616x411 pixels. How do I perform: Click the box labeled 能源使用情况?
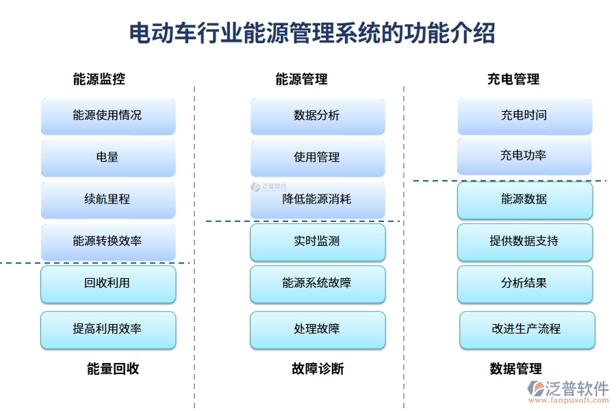click(x=108, y=116)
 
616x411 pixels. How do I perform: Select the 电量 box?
click(x=108, y=158)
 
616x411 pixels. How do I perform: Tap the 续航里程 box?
click(x=108, y=199)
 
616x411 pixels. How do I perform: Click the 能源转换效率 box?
click(x=108, y=241)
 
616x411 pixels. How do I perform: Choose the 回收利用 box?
click(x=108, y=284)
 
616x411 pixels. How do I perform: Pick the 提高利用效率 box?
click(x=108, y=329)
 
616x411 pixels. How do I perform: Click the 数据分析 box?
click(x=317, y=116)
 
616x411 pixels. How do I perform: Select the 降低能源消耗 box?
click(x=317, y=199)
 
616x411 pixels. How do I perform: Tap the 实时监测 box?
click(x=317, y=242)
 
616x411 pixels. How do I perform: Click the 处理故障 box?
click(x=317, y=329)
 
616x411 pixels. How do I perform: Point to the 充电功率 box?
click(x=524, y=156)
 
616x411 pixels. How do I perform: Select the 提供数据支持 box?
click(x=524, y=242)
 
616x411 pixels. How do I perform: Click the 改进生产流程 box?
click(x=526, y=329)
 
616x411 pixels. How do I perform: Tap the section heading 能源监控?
click(x=99, y=79)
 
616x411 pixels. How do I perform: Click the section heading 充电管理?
click(x=513, y=79)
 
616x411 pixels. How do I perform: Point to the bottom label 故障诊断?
click(x=318, y=369)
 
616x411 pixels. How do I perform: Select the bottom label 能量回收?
click(x=113, y=369)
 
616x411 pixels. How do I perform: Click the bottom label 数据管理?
click(x=516, y=369)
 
